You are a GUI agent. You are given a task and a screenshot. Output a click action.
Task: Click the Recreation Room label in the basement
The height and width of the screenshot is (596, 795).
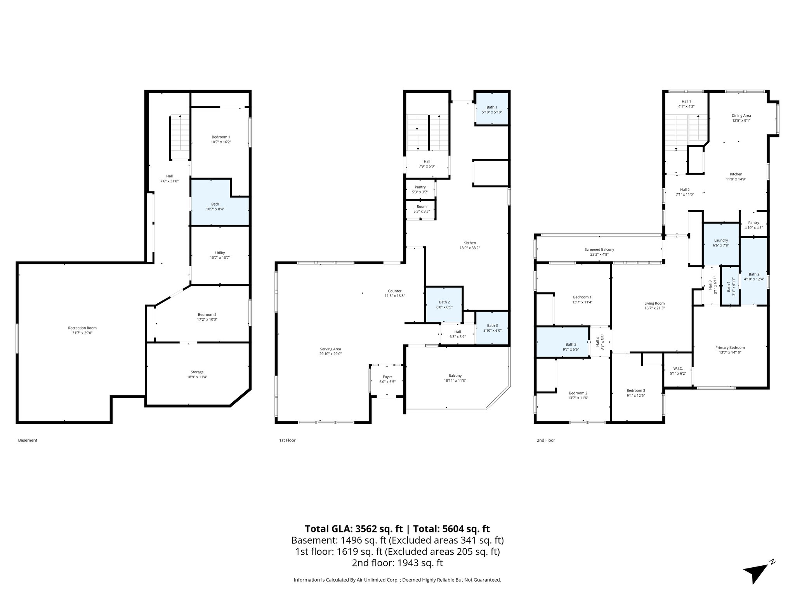point(82,328)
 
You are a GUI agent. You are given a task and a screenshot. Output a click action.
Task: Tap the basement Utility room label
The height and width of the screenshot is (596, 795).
point(220,253)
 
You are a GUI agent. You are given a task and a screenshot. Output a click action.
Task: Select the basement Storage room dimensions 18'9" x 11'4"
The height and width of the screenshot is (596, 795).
point(197,377)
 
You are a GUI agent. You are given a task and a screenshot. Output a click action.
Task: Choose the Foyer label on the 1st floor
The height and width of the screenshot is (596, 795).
point(387,377)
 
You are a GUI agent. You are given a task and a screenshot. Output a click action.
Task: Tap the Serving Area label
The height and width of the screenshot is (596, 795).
point(330,349)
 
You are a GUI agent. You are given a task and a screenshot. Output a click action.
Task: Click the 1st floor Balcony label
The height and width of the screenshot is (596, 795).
point(455,376)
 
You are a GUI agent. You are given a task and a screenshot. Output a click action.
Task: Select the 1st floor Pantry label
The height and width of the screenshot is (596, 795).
point(420,187)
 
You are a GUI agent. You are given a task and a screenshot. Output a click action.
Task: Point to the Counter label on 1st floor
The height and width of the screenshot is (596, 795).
point(394,291)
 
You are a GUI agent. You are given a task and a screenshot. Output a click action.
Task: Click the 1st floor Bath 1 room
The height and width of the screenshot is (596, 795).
point(491,109)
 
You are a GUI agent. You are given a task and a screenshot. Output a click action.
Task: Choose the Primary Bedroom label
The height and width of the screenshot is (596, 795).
point(730,348)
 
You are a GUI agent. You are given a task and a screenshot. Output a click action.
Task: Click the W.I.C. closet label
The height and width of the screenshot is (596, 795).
point(678,368)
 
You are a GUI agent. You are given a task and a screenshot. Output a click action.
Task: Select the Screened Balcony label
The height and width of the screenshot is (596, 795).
point(599,249)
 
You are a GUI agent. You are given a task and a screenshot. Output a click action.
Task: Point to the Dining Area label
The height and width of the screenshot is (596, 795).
point(741,115)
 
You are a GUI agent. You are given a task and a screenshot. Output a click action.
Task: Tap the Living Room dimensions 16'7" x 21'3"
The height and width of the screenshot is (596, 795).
point(654,308)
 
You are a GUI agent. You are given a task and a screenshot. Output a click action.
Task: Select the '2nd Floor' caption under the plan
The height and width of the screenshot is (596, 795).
point(546,440)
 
